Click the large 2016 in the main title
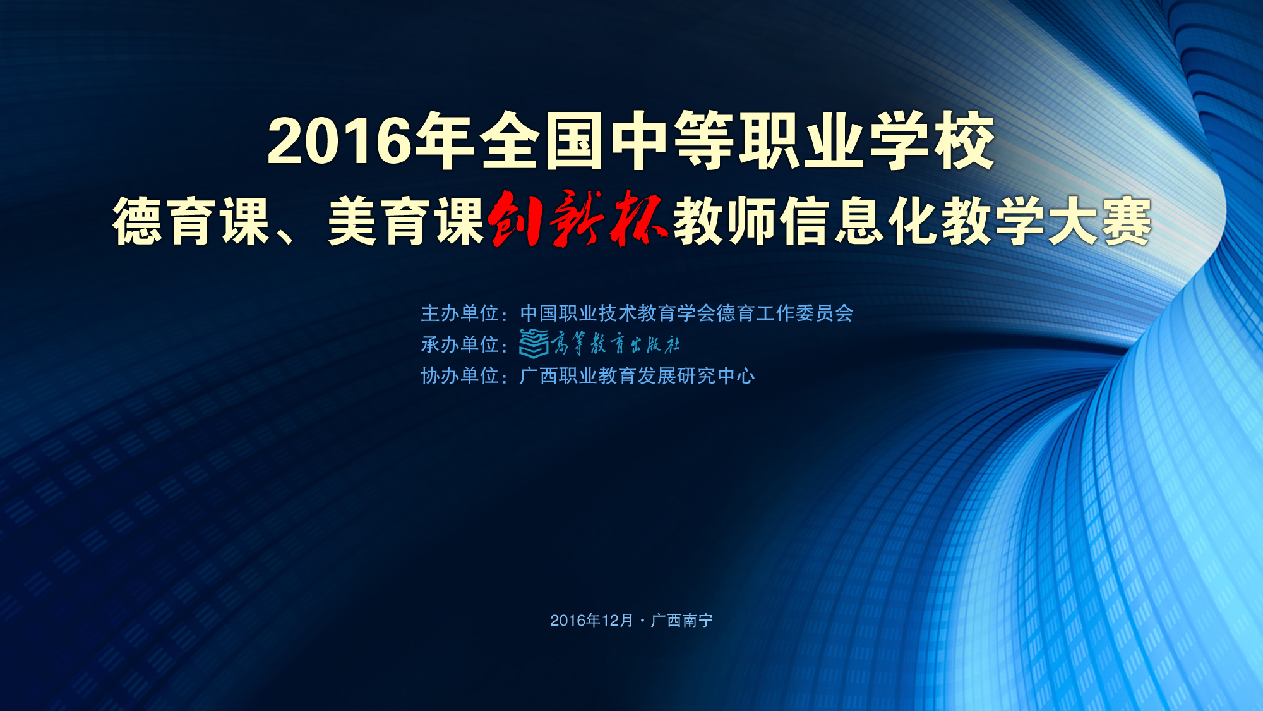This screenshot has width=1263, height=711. point(340,141)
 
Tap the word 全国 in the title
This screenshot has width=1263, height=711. point(542,140)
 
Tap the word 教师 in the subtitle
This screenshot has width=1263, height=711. point(725,221)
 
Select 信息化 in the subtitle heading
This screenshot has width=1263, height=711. point(859,221)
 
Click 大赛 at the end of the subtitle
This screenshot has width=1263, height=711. point(1100,221)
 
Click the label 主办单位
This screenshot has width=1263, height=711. point(460,313)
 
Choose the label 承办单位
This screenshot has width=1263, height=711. point(460,344)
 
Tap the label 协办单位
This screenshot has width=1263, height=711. point(460,376)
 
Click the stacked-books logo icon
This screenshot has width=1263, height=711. point(534,344)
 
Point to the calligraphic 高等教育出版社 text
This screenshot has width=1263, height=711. point(616,344)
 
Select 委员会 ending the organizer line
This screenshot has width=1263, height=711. point(824,313)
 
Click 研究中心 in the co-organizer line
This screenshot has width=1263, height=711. point(716,376)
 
